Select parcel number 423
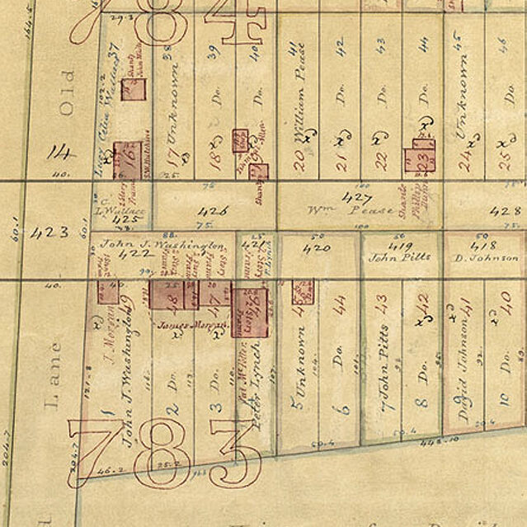(49, 233)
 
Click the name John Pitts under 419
(400, 257)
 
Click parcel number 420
(317, 247)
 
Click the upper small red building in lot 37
(133, 88)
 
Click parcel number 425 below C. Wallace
(126, 219)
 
